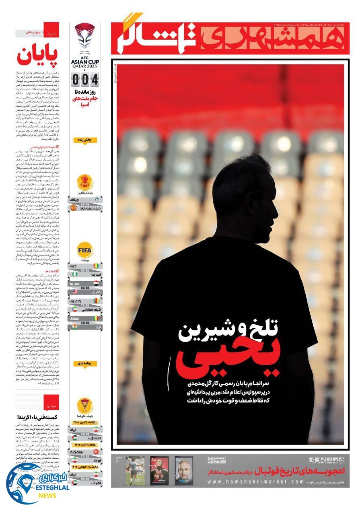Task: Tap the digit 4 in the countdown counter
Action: point(95,80)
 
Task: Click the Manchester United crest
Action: point(72,208)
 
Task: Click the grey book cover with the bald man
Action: point(183,470)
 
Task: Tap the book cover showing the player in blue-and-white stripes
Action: point(134,470)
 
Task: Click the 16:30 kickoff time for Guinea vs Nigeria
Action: point(85,270)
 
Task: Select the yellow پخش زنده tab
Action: point(85,140)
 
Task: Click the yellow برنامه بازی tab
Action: point(85,363)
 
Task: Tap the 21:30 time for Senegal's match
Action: point(85,323)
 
